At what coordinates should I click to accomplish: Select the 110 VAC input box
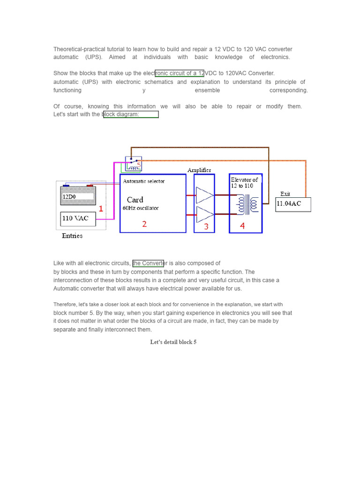[78, 219]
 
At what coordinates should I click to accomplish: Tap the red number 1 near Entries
[101, 209]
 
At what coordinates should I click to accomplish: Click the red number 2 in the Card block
[144, 224]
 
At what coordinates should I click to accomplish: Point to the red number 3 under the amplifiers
[206, 226]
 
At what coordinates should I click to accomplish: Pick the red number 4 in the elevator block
[242, 226]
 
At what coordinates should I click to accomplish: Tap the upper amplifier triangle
[205, 195]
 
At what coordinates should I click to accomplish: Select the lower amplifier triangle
[205, 215]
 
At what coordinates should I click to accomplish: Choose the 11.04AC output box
[293, 204]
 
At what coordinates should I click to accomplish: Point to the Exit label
[285, 194]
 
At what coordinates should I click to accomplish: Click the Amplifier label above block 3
[199, 170]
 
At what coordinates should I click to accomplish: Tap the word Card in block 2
[135, 200]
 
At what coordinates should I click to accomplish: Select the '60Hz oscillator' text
[141, 208]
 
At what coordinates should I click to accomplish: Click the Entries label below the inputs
[72, 236]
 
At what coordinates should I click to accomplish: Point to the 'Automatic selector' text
[144, 181]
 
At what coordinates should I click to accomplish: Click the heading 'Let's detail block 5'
[173, 342]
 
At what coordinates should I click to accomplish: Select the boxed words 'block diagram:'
[131, 114]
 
